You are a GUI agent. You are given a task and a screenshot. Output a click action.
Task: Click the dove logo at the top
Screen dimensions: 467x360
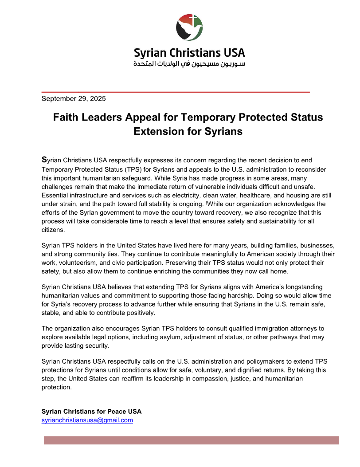(x=189, y=27)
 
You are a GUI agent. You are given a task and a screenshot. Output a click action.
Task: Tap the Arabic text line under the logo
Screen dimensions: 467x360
(x=189, y=64)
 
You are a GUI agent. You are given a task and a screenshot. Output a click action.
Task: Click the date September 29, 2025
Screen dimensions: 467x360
(x=74, y=99)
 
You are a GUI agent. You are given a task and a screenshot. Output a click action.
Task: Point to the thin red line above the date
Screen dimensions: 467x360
(x=176, y=92)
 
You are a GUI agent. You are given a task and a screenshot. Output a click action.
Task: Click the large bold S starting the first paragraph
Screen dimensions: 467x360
(x=44, y=159)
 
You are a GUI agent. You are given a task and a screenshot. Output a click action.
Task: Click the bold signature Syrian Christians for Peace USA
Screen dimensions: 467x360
(x=91, y=411)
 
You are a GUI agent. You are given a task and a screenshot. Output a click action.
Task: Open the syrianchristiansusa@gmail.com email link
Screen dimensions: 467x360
(x=87, y=420)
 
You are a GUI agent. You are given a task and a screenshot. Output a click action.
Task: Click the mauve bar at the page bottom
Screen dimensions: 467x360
(x=191, y=440)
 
